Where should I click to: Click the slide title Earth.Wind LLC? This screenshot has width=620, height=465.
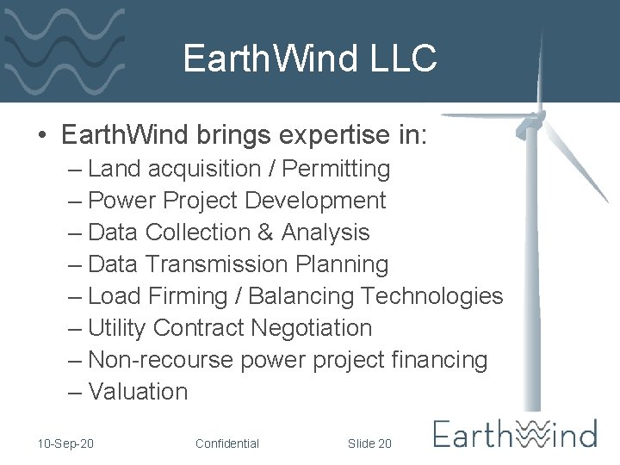(x=310, y=59)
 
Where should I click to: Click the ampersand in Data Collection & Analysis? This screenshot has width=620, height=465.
(x=264, y=232)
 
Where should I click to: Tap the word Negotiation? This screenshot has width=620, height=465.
(x=311, y=328)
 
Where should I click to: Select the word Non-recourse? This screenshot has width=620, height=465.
(x=160, y=360)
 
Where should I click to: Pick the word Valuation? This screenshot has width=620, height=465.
(x=138, y=392)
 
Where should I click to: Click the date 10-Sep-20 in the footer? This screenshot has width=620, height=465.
(x=66, y=443)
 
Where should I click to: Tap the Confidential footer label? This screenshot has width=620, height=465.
(x=227, y=443)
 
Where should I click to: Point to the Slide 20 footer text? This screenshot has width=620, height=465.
(x=369, y=443)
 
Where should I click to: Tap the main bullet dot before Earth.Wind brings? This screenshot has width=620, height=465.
(x=41, y=137)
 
